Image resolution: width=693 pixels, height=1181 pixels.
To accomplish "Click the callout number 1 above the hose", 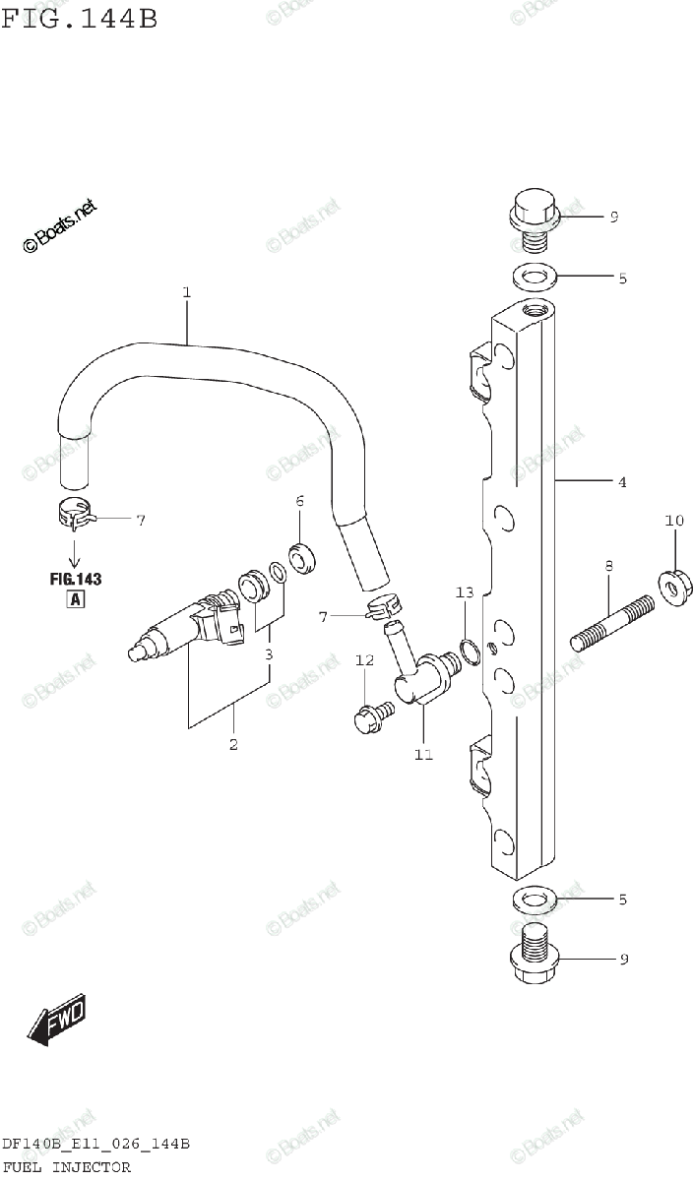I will pos(185,292).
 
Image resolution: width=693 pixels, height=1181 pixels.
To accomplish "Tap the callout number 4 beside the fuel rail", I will pos(622,482).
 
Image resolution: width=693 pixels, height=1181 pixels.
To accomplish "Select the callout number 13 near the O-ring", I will pos(465,592).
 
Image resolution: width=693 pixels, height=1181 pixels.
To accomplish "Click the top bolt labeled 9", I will pos(534,222).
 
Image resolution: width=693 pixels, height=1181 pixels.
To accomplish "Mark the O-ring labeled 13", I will pos(472,651).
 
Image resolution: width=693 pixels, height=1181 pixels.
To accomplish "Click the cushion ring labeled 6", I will pos(302,558).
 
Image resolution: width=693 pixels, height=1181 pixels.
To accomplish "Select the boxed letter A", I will pos(75,600).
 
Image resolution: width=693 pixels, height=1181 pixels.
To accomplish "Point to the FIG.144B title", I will pos(79,19).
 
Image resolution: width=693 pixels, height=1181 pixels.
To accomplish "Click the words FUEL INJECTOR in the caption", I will pos(66,1167).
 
